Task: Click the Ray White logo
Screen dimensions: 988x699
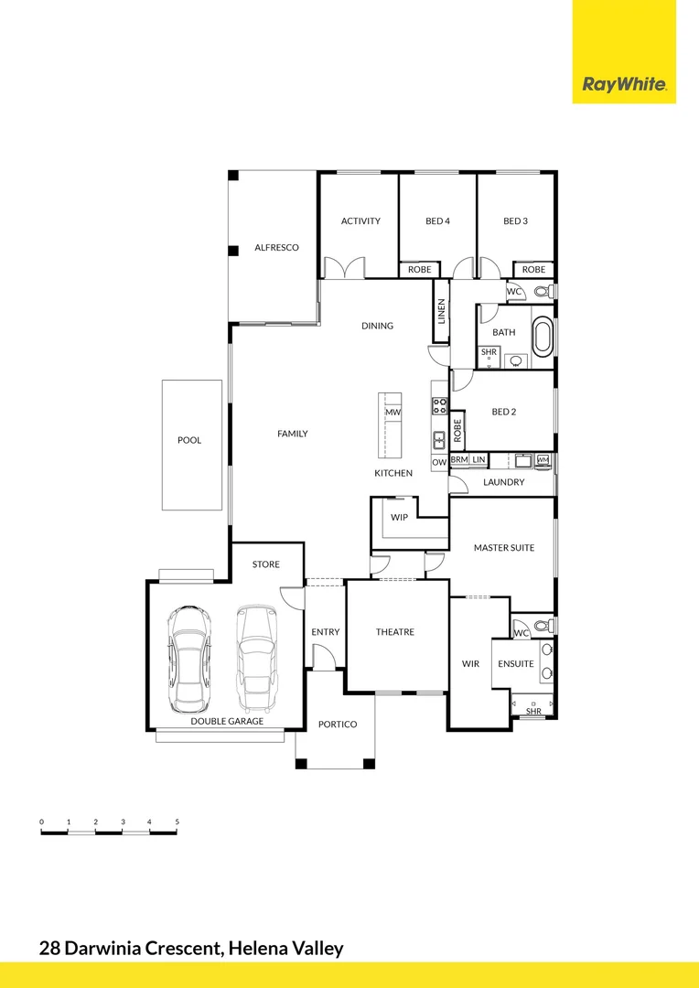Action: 624,85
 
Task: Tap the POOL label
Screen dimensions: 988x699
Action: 189,441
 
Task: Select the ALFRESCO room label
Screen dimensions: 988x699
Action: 276,248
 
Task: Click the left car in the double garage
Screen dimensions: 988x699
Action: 188,658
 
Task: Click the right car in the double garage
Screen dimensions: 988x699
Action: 256,658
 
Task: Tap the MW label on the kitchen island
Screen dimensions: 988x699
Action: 393,413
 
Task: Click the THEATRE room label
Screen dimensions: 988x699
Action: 395,632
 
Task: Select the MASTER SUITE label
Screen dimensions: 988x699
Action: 503,548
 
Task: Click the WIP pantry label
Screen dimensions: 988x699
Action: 399,517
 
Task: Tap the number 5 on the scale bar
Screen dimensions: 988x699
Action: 177,822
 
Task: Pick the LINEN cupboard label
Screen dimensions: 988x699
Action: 441,311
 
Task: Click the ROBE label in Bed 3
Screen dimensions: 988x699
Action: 533,270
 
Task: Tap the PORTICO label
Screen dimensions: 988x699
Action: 337,725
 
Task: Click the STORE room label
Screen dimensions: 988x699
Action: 266,564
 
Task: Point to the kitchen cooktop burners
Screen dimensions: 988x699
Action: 439,405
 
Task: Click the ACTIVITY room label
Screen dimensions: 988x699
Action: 360,221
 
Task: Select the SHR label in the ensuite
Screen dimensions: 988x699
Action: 533,711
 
